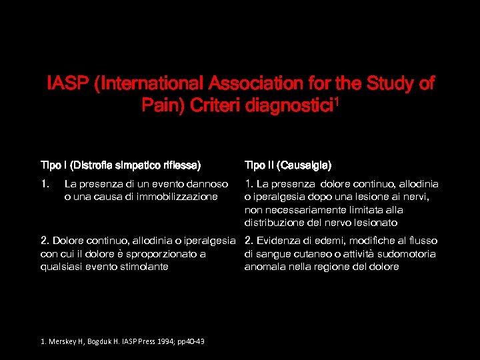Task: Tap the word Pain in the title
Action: pyautogui.click(x=159, y=105)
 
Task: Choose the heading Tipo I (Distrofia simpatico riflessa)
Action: pyautogui.click(x=121, y=165)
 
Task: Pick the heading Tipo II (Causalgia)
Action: pyautogui.click(x=288, y=165)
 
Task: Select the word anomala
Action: pyautogui.click(x=265, y=267)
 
